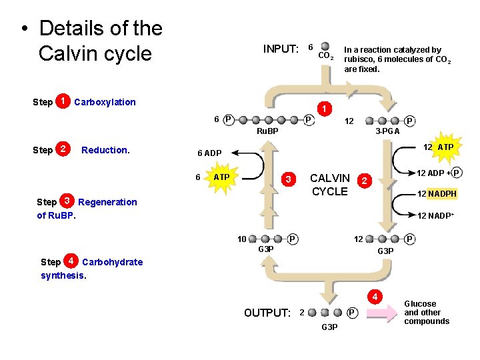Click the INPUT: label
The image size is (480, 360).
281,49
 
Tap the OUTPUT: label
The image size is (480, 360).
267,313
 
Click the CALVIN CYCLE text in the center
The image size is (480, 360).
330,185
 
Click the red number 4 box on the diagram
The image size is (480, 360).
375,296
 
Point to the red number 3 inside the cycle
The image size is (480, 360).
288,179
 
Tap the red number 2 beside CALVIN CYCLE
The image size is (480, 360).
363,180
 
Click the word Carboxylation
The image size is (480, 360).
105,102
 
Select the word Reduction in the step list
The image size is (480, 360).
105,150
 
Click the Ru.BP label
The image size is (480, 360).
267,131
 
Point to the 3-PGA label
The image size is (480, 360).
387,131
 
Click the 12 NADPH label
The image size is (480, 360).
437,194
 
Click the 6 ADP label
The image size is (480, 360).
209,153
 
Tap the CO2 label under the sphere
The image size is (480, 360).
325,56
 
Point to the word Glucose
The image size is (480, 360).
420,304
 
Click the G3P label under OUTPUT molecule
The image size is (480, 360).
329,327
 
